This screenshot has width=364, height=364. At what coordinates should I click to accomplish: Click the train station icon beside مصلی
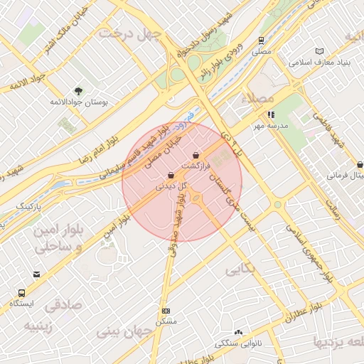click(262, 41)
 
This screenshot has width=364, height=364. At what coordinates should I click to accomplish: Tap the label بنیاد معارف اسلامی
click(317, 63)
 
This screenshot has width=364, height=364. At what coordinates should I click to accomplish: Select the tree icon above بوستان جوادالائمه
click(78, 90)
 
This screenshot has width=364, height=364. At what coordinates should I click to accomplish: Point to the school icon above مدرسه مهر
click(270, 114)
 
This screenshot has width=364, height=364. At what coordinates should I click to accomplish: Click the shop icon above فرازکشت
click(196, 155)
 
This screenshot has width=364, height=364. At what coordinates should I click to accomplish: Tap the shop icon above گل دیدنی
click(171, 175)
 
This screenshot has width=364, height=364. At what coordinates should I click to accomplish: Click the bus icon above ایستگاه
click(21, 292)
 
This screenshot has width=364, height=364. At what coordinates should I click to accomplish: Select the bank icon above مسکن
click(166, 311)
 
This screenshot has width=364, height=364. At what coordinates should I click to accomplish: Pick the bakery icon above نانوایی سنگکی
click(238, 332)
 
